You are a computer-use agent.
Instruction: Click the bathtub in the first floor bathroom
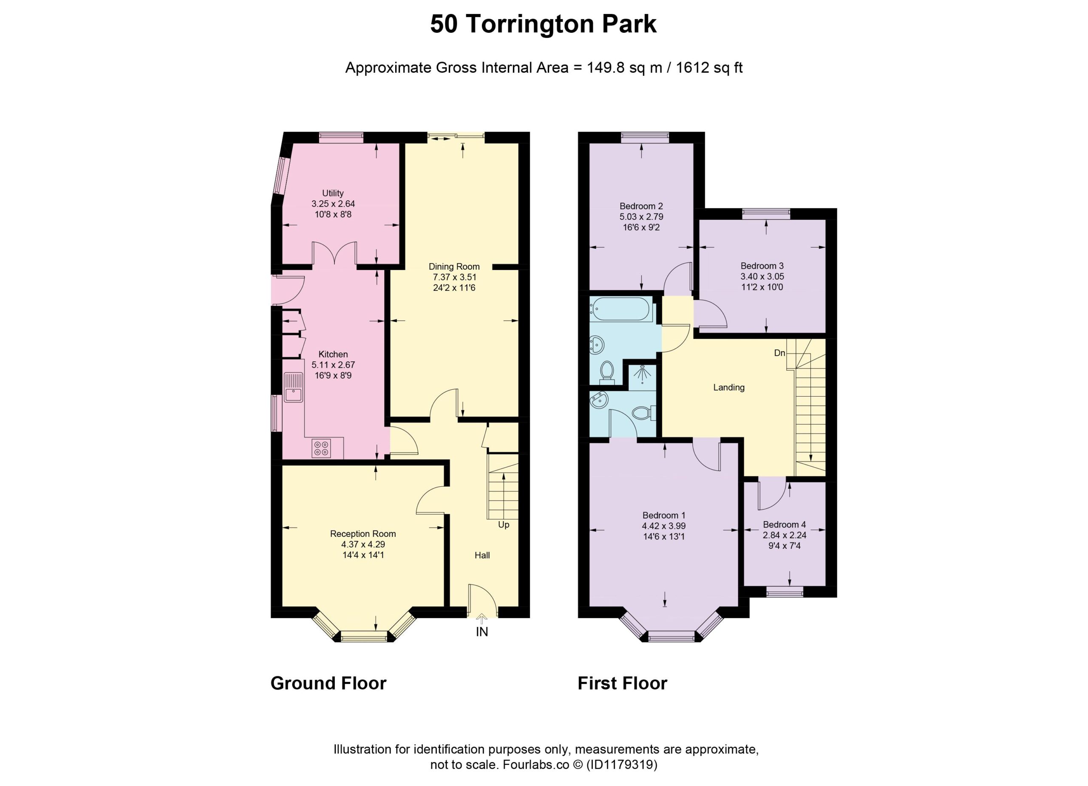(x=621, y=309)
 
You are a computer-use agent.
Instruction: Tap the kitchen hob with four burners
(x=321, y=448)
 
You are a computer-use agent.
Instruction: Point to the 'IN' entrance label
(x=482, y=632)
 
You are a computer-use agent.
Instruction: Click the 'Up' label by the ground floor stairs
(x=503, y=525)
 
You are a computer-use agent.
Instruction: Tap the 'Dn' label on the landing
(x=779, y=353)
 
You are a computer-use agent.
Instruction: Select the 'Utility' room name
(x=333, y=193)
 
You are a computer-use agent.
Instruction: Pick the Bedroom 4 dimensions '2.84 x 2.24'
(x=785, y=535)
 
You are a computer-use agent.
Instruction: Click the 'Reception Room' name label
(x=363, y=534)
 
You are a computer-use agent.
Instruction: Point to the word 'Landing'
(x=729, y=388)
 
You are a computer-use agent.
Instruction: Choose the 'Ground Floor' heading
(x=328, y=683)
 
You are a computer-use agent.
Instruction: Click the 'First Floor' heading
(x=622, y=683)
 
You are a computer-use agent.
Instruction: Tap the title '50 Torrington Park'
(x=543, y=24)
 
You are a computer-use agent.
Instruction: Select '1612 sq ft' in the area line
(x=709, y=68)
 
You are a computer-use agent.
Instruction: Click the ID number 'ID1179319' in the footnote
(x=621, y=764)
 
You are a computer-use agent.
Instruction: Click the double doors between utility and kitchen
(x=334, y=253)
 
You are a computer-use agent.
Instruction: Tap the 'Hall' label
(x=482, y=556)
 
